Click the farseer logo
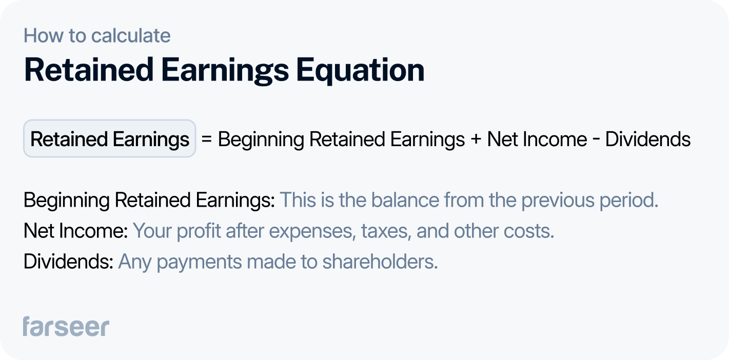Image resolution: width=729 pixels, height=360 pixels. coord(66,327)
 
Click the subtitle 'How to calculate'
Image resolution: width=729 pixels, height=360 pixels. coord(97,36)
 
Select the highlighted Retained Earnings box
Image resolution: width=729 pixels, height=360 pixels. coord(109,139)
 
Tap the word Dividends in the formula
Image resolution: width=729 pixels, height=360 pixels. coord(648,139)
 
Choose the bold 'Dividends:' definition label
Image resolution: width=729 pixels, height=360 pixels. coord(68,262)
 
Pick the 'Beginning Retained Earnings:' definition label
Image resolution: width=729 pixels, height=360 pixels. coord(149,201)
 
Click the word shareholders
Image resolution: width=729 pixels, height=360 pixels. coord(380,262)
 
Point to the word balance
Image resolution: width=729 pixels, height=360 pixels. coord(405,201)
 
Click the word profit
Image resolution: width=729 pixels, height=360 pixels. coord(195,231)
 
